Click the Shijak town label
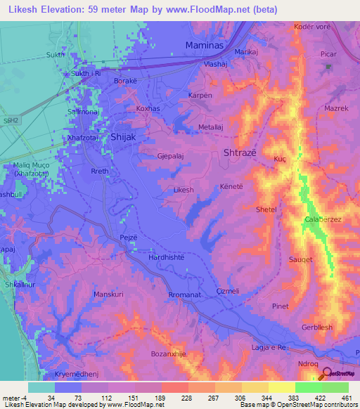tap(123, 138)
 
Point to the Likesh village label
tap(183, 190)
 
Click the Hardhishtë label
tap(167, 258)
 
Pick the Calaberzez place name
tap(323, 220)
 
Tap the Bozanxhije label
tap(168, 354)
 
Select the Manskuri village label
tap(108, 294)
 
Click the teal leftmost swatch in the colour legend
tap(41, 387)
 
